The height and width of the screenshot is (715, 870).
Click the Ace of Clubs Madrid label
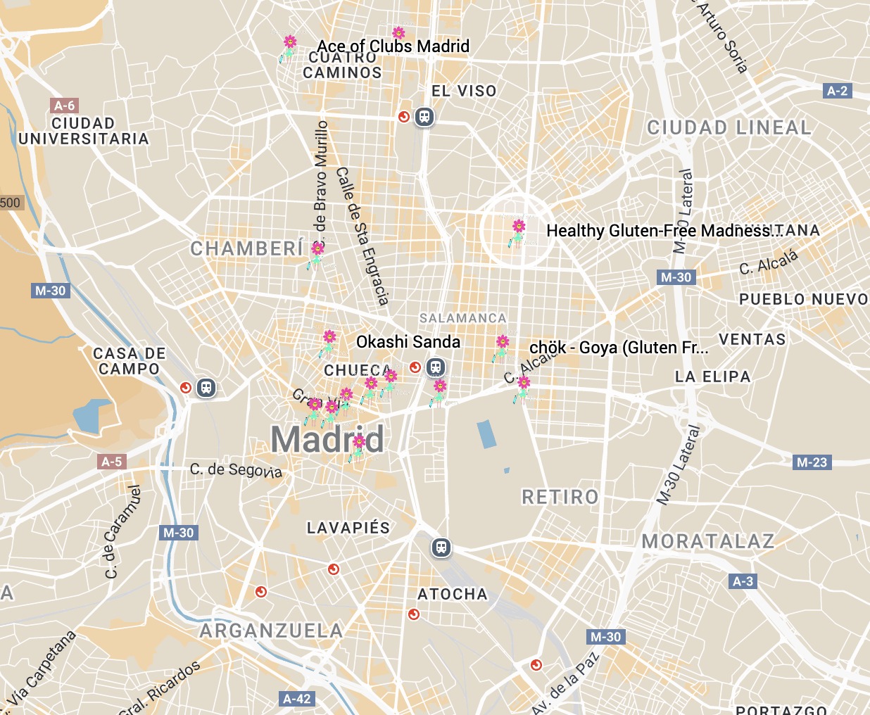pyautogui.click(x=393, y=46)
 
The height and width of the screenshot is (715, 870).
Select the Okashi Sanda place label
pyautogui.click(x=408, y=342)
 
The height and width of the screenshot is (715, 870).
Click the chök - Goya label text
pyautogui.click(x=618, y=348)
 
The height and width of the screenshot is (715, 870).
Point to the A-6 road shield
pyautogui.click(x=64, y=106)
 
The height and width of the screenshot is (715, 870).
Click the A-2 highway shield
pyautogui.click(x=837, y=91)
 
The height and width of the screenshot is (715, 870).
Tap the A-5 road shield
pyautogui.click(x=111, y=462)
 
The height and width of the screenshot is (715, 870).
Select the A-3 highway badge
pyautogui.click(x=743, y=581)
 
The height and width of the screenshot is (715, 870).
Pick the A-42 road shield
pyautogui.click(x=296, y=699)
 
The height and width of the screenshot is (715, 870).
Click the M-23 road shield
pyautogui.click(x=812, y=462)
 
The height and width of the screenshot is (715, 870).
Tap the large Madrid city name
pyautogui.click(x=327, y=440)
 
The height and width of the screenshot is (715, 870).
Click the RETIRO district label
pyautogui.click(x=560, y=498)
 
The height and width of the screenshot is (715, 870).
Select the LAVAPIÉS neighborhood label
pyautogui.click(x=348, y=528)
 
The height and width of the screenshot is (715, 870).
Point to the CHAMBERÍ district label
pyautogui.click(x=247, y=249)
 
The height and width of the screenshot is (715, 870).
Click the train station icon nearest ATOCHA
pyautogui.click(x=441, y=548)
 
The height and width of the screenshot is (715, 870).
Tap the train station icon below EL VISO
pyautogui.click(x=424, y=117)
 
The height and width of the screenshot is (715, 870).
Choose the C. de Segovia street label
pyautogui.click(x=236, y=470)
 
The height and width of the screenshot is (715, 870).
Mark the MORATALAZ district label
pyautogui.click(x=708, y=541)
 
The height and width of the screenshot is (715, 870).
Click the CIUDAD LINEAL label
pyautogui.click(x=729, y=128)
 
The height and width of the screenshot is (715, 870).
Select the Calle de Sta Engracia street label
pyautogui.click(x=362, y=236)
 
